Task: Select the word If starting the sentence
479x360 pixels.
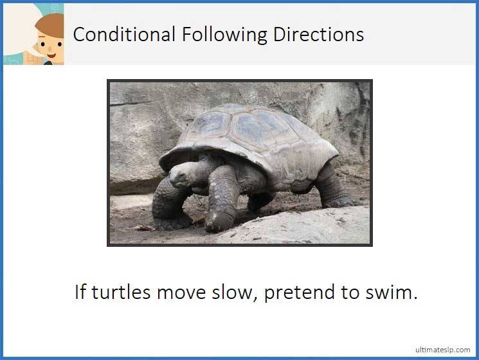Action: point(80,292)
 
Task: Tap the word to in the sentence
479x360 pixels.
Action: point(350,292)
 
